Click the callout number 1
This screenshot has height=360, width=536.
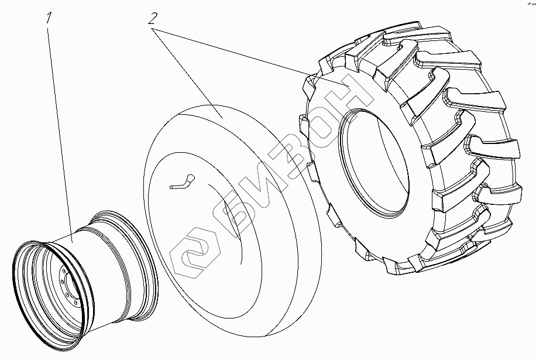click(x=49, y=18)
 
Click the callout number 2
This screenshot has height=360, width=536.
click(x=153, y=19)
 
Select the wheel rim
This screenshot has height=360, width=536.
click(x=85, y=280)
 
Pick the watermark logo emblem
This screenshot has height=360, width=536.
click(x=194, y=252)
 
